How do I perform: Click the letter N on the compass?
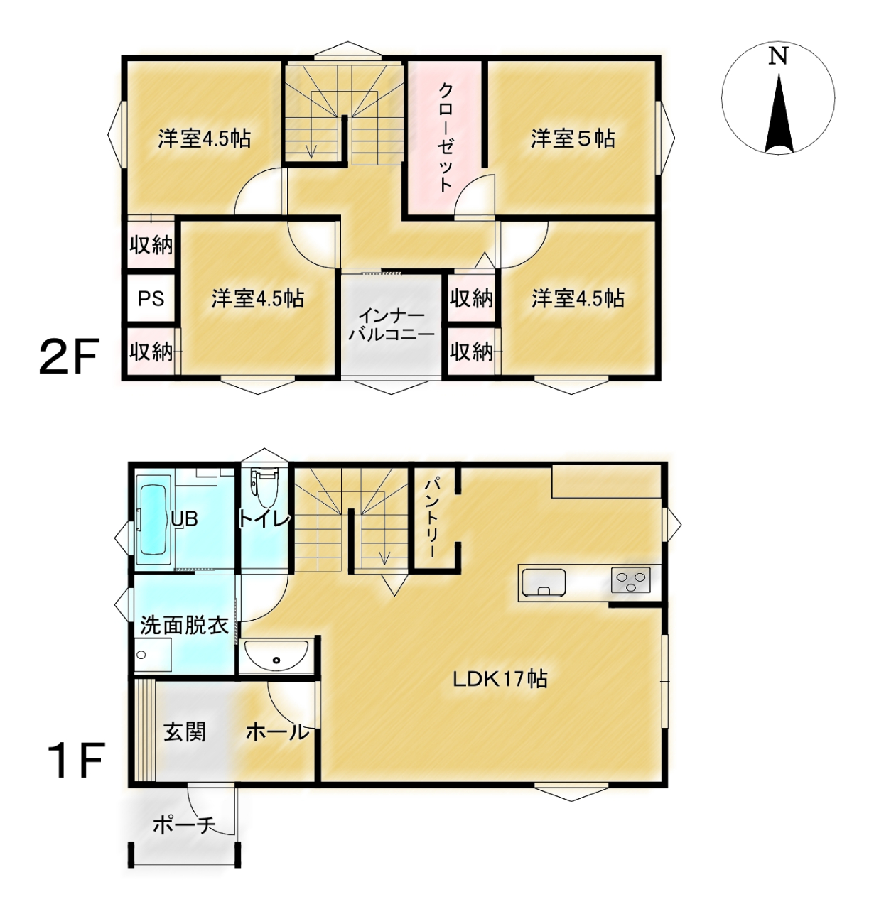(x=778, y=56)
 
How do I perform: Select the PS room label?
(x=151, y=299)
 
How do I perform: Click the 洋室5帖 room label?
(x=573, y=138)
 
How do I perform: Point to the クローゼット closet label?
(x=446, y=137)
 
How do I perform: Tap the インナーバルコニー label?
(x=392, y=325)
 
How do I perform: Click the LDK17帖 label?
(x=500, y=679)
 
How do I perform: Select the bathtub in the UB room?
(x=152, y=519)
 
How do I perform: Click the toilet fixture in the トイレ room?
(x=264, y=486)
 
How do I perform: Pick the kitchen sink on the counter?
(x=543, y=582)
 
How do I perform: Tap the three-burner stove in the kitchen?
(x=630, y=580)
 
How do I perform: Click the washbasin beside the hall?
(x=276, y=656)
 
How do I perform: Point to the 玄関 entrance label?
(x=185, y=732)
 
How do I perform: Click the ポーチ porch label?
(x=183, y=826)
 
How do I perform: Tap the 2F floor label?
(x=69, y=357)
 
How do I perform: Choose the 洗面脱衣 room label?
(x=184, y=626)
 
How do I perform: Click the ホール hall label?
(x=278, y=732)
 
